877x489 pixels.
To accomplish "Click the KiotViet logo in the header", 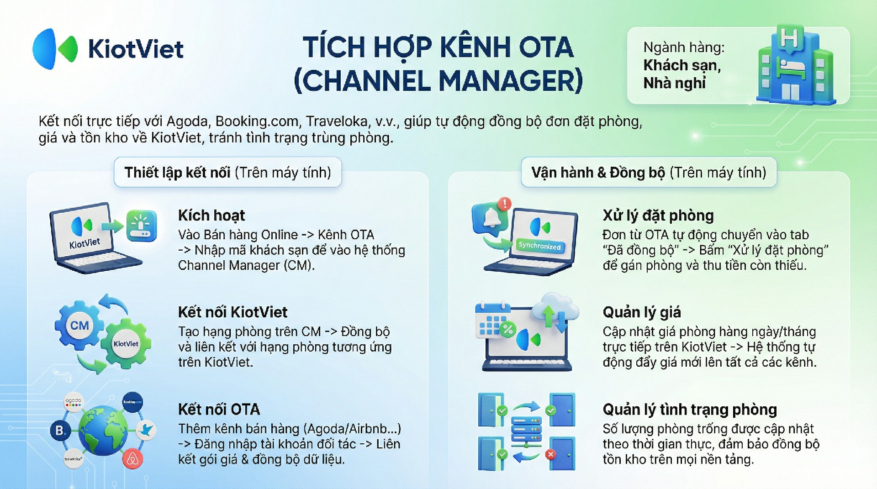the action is pos(108,49).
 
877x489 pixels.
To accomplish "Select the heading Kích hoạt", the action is pos(211,216).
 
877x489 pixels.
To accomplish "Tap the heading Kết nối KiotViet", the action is pos(232,312).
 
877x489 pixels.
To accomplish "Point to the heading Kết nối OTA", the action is pos(219,410).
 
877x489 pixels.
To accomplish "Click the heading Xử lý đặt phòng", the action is pos(658,216).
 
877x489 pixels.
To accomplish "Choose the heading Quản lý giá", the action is pos(642,313).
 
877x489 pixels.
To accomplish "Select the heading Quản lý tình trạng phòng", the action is pos(690,410).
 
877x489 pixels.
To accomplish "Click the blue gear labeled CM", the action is pos(79,326).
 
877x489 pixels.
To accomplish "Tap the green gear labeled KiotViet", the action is pos(126,344).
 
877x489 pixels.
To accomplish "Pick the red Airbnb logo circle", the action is pos(132,459).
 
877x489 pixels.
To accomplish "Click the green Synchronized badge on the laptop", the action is pos(539,246).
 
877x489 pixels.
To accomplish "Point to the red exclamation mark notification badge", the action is pos(504,204).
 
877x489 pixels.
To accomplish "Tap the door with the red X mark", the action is pos(562,453).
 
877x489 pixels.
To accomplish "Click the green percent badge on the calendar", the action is pos(507,329).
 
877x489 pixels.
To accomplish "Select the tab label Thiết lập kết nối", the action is pos(177,173).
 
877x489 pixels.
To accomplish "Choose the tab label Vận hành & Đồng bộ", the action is pos(598,173).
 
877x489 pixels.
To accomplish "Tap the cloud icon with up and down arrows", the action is pos(554,310).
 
